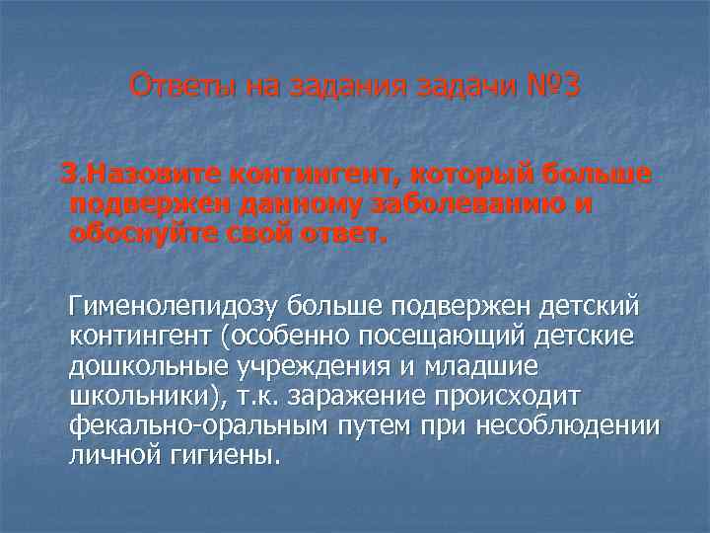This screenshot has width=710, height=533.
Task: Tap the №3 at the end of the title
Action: click(554, 86)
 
